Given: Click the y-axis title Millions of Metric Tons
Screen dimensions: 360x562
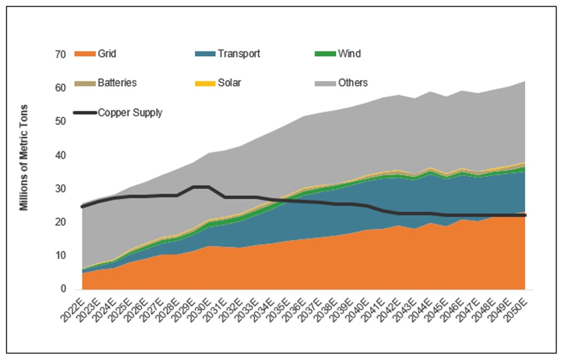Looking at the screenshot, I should (x=24, y=158).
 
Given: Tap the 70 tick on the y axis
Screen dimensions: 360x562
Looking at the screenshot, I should (x=60, y=55).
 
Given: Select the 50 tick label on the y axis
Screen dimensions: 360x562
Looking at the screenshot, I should (x=60, y=122).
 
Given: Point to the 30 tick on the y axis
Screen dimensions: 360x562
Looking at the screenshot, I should (x=60, y=189).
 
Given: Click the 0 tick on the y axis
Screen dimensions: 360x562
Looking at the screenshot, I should (x=62, y=290).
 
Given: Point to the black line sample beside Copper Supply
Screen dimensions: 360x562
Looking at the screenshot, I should (x=85, y=112).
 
